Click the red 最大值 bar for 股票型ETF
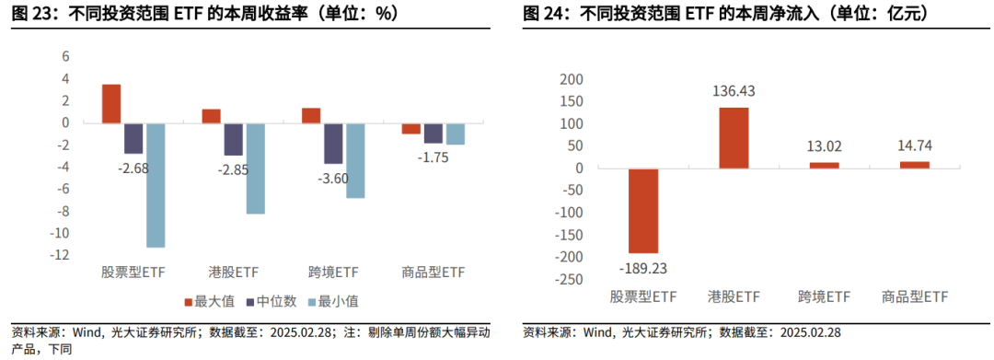click(x=111, y=103)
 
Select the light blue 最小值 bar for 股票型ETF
click(x=156, y=184)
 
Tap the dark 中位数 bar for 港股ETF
click(x=233, y=138)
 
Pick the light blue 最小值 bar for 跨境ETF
click(x=354, y=160)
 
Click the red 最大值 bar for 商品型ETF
click(x=410, y=128)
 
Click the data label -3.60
click(x=332, y=179)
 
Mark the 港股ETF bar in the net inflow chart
click(x=734, y=138)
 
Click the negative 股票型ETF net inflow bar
click(x=643, y=211)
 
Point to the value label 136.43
click(x=734, y=92)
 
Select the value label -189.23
click(x=642, y=269)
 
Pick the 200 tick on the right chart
click(x=572, y=79)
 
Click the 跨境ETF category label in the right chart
click(x=824, y=296)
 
